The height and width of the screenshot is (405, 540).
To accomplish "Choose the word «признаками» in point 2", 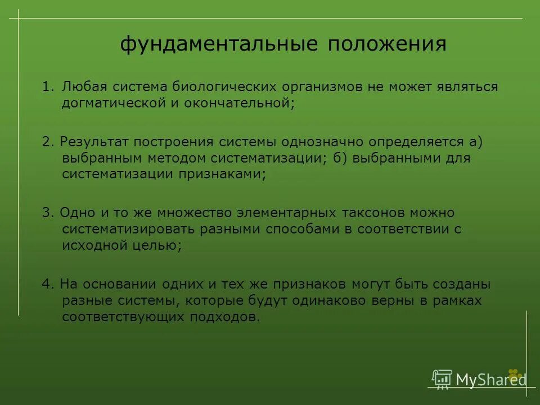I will (220, 174).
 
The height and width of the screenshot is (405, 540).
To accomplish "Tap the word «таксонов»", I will (372, 214).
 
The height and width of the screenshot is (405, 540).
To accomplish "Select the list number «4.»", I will (47, 285).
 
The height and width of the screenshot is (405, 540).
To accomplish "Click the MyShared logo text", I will (490, 380).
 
